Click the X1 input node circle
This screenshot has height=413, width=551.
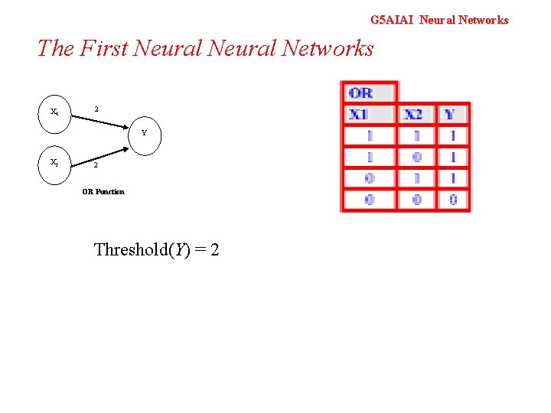(x=54, y=112)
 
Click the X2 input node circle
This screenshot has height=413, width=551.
(x=54, y=163)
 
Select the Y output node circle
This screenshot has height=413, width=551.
(x=143, y=133)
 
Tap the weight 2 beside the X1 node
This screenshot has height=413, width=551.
(x=96, y=109)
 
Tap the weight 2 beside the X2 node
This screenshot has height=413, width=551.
(x=96, y=165)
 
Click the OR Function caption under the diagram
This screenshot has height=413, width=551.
(x=103, y=191)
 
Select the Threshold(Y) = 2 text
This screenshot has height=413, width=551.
(x=156, y=249)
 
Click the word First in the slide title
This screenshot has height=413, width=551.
(x=103, y=48)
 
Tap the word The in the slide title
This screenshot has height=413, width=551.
(x=56, y=48)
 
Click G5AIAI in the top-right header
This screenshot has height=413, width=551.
(x=391, y=20)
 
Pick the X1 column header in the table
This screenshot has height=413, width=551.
(x=360, y=115)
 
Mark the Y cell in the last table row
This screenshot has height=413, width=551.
(x=452, y=200)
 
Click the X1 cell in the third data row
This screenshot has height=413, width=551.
(x=370, y=178)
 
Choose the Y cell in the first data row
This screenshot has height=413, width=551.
(x=452, y=135)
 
